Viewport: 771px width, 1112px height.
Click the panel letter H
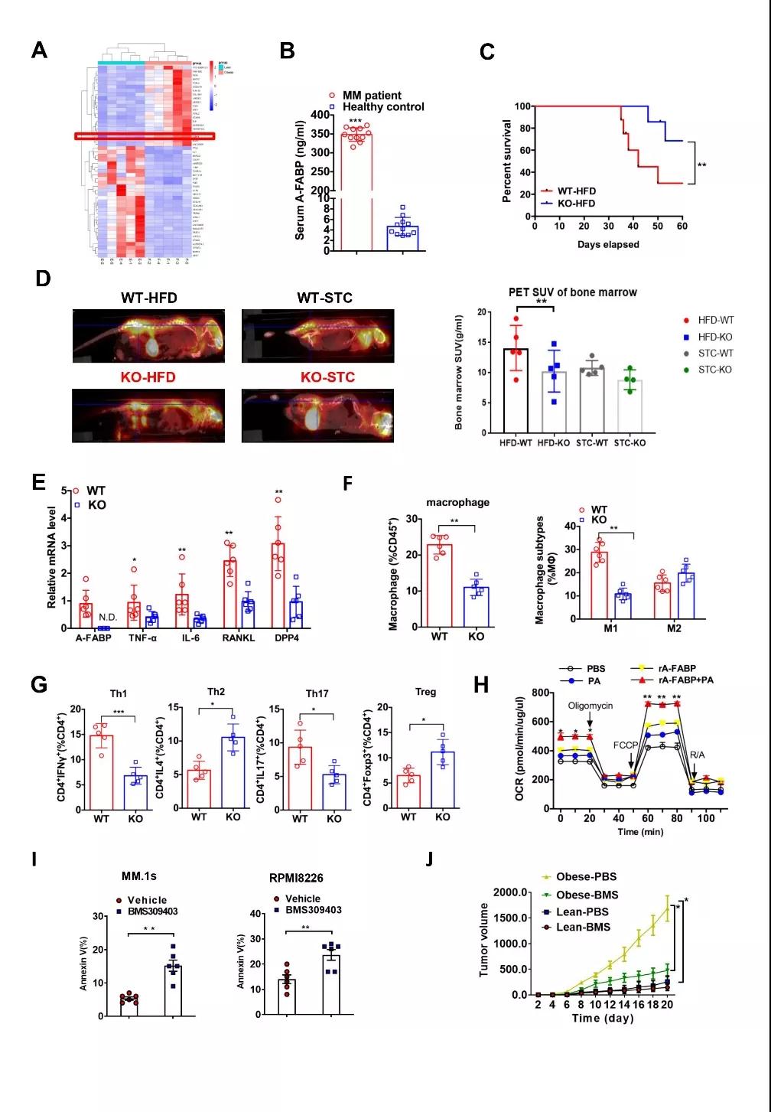point(481,684)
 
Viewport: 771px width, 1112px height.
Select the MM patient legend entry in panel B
point(371,96)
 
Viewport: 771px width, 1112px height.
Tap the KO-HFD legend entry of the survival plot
point(576,203)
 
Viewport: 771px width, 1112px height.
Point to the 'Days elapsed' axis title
point(608,244)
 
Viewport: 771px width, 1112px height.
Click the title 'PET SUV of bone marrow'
point(573,292)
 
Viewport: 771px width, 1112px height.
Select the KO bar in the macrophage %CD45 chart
point(476,607)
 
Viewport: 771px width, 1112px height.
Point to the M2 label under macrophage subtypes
point(673,629)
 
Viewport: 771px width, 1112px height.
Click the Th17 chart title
point(317,693)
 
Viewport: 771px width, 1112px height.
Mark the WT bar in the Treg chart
point(408,792)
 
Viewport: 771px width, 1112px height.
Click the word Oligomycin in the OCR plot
point(590,706)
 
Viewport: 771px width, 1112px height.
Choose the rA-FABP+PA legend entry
point(681,680)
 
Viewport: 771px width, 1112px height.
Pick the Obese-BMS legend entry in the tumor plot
point(587,895)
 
